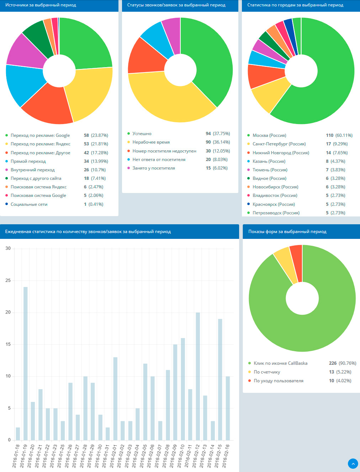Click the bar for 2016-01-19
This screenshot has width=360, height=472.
click(25, 364)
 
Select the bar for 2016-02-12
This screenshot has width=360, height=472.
click(198, 376)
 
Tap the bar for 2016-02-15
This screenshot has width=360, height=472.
click(220, 380)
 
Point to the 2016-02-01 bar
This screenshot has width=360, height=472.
click(115, 399)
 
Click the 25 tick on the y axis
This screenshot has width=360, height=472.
click(8, 280)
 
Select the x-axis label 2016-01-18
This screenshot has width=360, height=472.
click(16, 456)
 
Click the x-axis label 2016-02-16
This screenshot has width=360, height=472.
click(226, 456)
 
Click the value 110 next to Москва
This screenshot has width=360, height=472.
click(329, 135)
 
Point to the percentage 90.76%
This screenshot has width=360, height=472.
click(348, 363)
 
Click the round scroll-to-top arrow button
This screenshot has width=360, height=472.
click(353, 463)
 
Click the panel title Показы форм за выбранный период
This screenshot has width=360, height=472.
click(287, 231)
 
